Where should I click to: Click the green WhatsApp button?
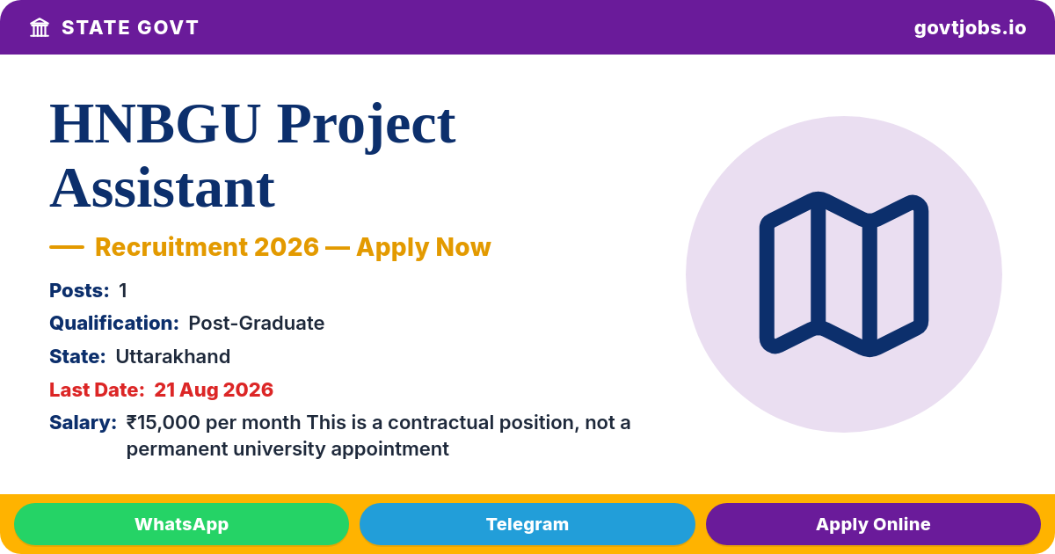181,524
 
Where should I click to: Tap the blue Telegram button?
527,524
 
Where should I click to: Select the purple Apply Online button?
873,524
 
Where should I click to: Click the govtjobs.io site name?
970,28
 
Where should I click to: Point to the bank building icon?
40,28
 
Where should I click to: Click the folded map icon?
843,274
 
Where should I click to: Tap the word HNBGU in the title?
156,124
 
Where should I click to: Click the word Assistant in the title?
163,188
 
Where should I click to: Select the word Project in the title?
366,128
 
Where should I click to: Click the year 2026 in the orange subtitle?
287,247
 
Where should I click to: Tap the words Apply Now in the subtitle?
424,248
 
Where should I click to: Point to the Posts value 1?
123,291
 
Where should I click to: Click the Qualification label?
114,324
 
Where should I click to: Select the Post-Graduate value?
256,324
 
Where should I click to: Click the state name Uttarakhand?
173,357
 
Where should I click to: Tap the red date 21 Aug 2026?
214,390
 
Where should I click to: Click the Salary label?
83,423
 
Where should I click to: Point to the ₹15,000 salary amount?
163,423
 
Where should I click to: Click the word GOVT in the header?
168,28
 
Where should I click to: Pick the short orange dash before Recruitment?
67,247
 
